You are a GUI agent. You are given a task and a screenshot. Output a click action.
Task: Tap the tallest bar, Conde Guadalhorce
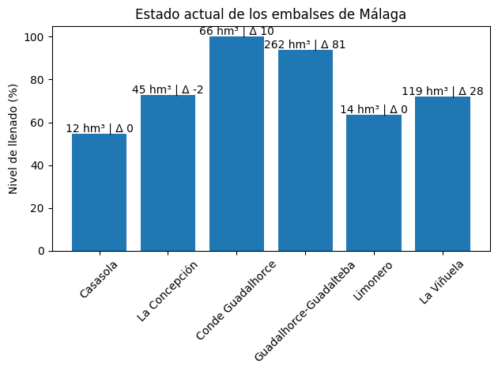click(x=236, y=143)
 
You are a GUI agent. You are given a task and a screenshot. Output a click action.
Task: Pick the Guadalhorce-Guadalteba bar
click(x=305, y=150)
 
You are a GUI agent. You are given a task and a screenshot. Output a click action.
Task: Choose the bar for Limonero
click(x=374, y=183)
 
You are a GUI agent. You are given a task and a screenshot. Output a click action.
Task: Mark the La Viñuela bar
click(x=443, y=173)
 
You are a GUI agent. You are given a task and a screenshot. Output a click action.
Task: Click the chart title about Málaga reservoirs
click(x=271, y=15)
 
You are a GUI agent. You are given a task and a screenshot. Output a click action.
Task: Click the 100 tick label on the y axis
click(x=36, y=37)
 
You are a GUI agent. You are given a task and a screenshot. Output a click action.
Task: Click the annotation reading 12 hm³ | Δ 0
click(x=99, y=128)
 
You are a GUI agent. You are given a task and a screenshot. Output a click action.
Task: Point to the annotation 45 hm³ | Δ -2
click(x=168, y=89)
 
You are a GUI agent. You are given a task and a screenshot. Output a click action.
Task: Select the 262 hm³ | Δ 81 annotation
click(x=305, y=44)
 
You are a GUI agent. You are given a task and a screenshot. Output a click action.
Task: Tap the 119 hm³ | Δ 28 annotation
click(x=443, y=91)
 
